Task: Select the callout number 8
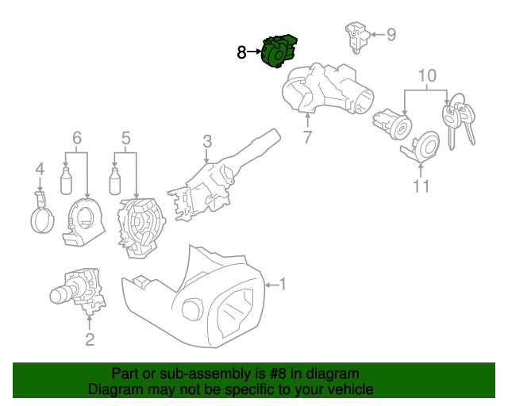(242, 53)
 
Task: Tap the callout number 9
(391, 34)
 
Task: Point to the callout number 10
(427, 76)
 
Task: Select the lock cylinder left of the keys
(392, 124)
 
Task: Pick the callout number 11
(421, 186)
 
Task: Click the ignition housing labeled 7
(325, 91)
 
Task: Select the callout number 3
(206, 142)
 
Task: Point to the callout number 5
(125, 139)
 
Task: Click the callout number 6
(77, 139)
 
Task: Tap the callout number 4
(39, 169)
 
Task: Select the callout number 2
(90, 340)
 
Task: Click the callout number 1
(283, 284)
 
